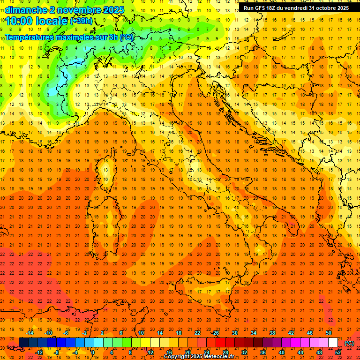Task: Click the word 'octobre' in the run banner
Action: click(326, 8)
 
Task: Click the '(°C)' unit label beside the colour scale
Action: click(349, 343)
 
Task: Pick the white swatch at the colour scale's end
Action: click(333, 342)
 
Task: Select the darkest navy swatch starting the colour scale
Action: click(23, 342)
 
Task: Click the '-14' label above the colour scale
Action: click(30, 333)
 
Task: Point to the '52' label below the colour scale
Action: click(338, 352)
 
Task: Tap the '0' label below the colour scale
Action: click(93, 352)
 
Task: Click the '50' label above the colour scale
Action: click(329, 333)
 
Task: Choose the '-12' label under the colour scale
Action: click(39, 352)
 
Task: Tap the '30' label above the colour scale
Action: click(234, 333)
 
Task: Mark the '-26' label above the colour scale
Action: click(216, 333)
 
